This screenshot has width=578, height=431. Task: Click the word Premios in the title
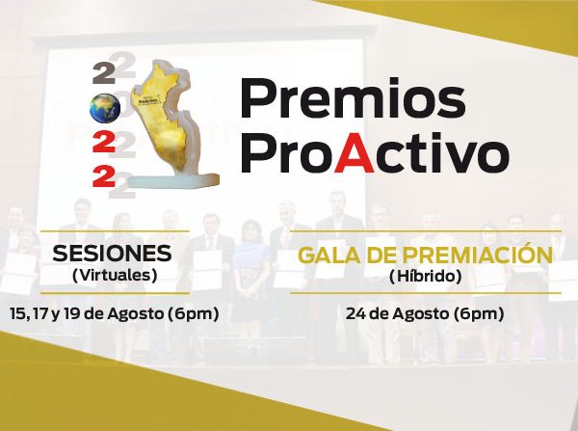coord(353,97)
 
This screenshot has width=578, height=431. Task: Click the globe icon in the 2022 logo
coord(105,108)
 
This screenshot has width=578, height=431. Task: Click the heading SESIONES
coord(113,254)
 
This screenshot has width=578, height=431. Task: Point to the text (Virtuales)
coord(115,275)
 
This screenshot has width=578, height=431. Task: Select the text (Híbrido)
coord(426,276)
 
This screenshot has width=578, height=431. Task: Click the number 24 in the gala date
coord(355,314)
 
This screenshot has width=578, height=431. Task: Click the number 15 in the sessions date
coord(17,314)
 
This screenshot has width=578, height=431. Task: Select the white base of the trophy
coord(173,181)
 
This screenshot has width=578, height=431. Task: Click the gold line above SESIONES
coord(115,231)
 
